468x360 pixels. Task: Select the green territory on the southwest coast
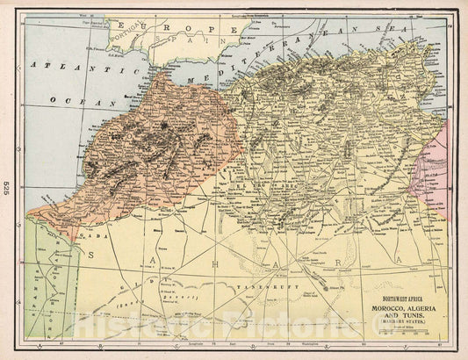pos(40,281)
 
